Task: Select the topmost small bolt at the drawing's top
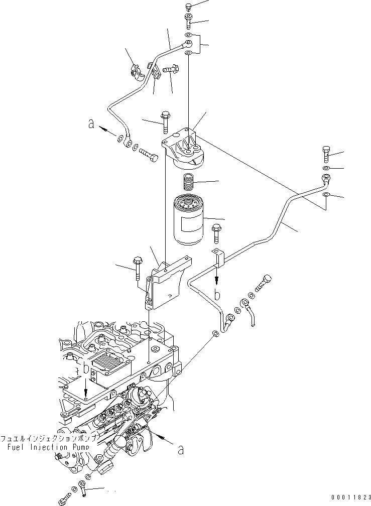point(188,7)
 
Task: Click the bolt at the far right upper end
point(325,153)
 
